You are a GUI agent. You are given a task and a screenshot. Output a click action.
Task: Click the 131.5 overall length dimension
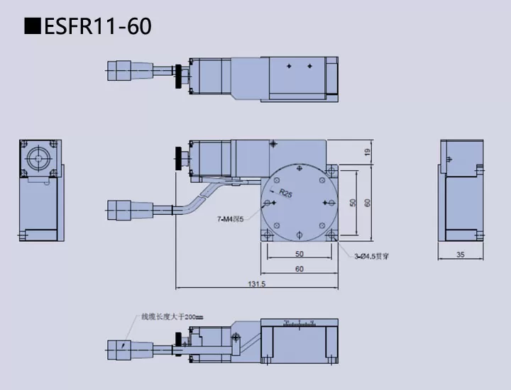[256, 284]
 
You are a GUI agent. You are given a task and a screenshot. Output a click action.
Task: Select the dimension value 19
[367, 152]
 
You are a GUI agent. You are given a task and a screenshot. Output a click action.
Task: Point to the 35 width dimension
[460, 254]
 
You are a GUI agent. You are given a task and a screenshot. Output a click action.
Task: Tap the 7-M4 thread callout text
[230, 219]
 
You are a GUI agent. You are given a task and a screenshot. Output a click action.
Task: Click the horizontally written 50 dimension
[298, 254]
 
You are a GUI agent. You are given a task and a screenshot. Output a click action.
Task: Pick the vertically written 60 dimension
[367, 203]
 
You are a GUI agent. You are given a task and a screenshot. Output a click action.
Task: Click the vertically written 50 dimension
[353, 203]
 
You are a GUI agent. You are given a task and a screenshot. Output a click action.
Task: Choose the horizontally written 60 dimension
[298, 269]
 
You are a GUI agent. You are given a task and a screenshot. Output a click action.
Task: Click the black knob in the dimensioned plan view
[177, 157]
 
